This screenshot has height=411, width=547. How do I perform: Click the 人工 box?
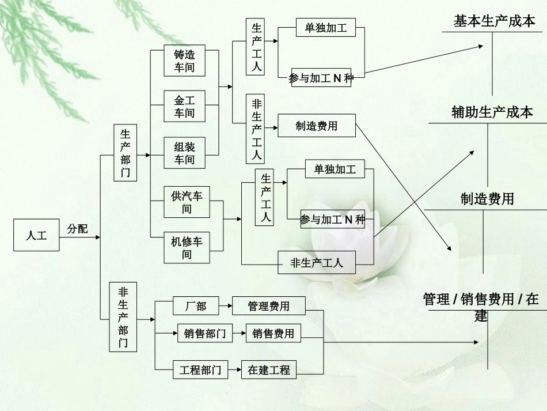pos(36,235)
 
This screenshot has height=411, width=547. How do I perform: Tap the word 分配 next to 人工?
pos(78,229)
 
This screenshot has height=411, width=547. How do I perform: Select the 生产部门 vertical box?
pos(126,153)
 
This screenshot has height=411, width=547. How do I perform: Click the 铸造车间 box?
pos(184,61)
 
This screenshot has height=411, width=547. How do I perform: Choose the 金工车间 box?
pos(184,107)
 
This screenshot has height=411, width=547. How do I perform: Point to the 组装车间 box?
pos(184,153)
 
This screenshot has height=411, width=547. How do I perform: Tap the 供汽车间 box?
pos(187,202)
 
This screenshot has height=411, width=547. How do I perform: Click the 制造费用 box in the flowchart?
pos(316,126)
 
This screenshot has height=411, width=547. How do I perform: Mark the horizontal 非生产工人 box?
pos(317,263)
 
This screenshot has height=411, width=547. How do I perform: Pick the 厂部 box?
pos(196,306)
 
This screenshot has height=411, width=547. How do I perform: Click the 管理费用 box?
pos(268,306)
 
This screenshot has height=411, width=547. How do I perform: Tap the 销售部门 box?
pos(205,333)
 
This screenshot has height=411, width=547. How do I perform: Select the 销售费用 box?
pos(273,333)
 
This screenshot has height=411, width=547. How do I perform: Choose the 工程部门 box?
pos(200,370)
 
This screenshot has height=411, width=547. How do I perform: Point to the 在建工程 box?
pos(269,370)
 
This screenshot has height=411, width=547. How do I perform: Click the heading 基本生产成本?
pos(494,22)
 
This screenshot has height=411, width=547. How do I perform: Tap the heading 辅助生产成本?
pos(492,112)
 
